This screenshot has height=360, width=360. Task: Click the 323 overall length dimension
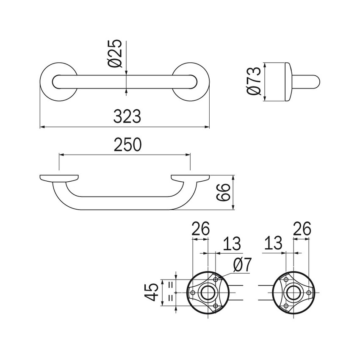[127, 116]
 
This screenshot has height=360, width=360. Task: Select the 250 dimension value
[127, 145]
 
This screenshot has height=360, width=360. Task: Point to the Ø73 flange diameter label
[254, 81]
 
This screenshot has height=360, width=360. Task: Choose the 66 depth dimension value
[223, 192]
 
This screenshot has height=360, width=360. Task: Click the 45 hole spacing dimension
[152, 292]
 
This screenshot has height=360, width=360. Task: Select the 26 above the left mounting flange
[201, 228]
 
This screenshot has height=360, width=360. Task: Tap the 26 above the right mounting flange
[302, 228]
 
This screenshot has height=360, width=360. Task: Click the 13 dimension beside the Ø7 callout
[232, 244]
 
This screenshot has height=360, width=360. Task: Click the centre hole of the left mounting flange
[208, 293]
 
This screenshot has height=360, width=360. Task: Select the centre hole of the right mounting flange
[294, 293]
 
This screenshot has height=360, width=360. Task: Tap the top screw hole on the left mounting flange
[216, 280]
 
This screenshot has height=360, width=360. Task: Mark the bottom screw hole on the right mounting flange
[286, 306]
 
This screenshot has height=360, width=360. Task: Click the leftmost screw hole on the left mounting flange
[193, 293]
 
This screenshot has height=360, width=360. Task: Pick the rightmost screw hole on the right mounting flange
[309, 293]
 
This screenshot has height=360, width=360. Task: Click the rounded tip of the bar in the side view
[318, 81]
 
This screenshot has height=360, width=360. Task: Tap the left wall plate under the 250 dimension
[59, 179]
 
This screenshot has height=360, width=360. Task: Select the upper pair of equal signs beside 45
[171, 285]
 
